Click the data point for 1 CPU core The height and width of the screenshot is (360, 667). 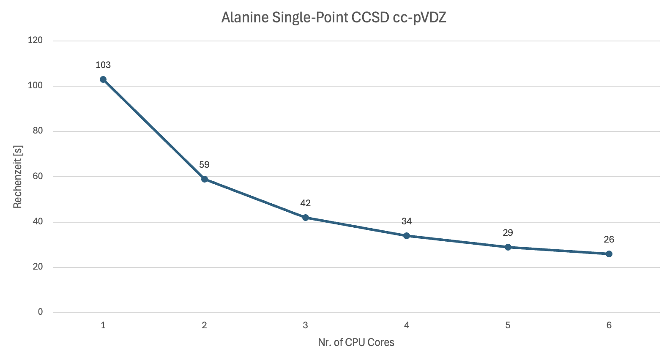tap(103, 79)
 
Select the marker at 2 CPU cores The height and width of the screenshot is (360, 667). tap(205, 179)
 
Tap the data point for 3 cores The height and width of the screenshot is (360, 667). tap(306, 218)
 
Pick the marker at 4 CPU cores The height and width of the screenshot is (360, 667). tap(407, 236)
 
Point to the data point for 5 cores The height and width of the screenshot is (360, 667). tap(508, 247)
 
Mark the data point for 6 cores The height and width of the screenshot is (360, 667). tap(609, 254)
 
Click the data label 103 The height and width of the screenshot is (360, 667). tap(103, 65)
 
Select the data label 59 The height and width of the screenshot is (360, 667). tap(204, 165)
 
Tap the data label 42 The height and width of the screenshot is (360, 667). tap(306, 203)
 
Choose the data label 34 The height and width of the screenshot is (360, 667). tap(407, 221)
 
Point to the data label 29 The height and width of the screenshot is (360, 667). tap(508, 233)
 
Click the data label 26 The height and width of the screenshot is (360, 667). tap(609, 240)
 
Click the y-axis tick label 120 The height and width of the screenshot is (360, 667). tap(36, 40)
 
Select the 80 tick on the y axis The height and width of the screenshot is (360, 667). tap(38, 131)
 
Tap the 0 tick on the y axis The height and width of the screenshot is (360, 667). tap(41, 312)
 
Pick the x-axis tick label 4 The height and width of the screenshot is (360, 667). tap(407, 325)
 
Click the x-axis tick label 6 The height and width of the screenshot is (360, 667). tap(609, 325)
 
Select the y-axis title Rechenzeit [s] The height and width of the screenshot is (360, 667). tap(17, 177)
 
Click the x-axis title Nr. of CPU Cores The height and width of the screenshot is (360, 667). tap(356, 343)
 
